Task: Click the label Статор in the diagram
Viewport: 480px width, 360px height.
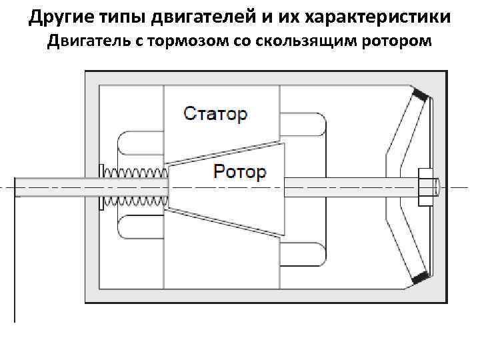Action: tap(215, 113)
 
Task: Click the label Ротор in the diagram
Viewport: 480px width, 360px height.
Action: tap(239, 172)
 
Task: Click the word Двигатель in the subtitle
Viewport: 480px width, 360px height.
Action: tap(87, 42)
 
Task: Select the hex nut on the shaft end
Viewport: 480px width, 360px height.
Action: tap(423, 187)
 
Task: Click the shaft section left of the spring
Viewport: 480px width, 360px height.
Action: tap(57, 187)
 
